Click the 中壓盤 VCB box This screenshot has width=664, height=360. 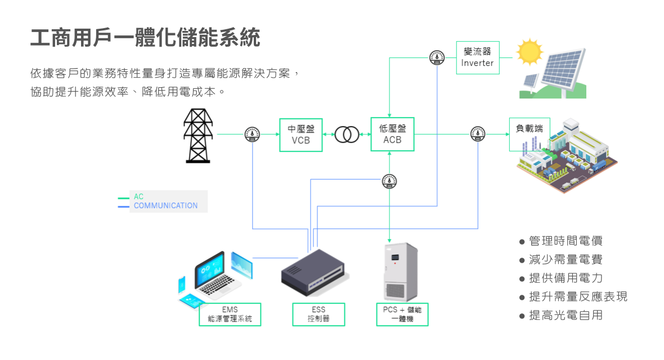(x=301, y=135)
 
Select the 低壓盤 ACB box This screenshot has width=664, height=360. (x=392, y=134)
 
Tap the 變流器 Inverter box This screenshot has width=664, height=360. (x=477, y=57)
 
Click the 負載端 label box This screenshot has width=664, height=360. (x=529, y=129)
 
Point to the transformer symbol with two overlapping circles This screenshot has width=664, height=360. (x=347, y=134)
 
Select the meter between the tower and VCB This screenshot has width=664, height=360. (x=252, y=134)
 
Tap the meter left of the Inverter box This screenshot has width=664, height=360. (x=437, y=57)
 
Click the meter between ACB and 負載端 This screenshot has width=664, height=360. (x=478, y=134)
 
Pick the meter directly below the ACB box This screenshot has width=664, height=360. (x=389, y=181)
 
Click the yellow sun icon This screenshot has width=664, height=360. (x=529, y=52)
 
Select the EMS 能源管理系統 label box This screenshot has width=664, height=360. (x=230, y=314)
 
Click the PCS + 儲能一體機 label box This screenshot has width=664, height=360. (x=402, y=314)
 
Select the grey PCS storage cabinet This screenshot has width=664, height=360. (x=401, y=272)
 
